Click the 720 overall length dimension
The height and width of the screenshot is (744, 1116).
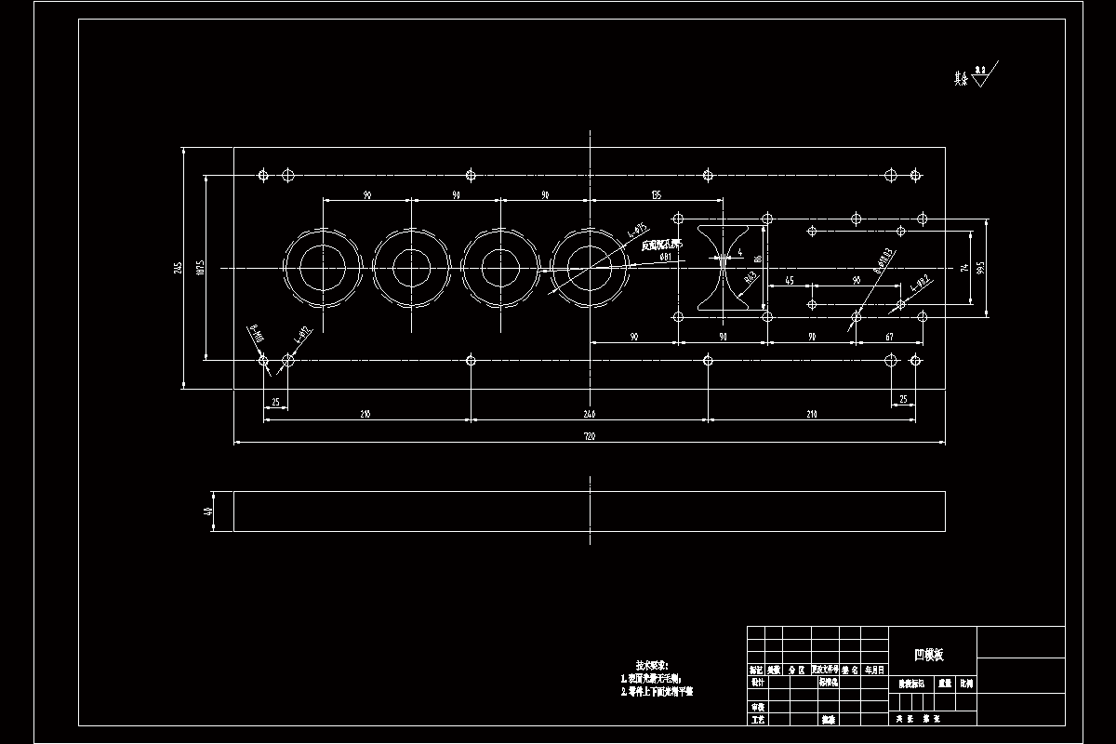point(589,436)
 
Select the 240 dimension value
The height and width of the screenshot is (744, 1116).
point(589,414)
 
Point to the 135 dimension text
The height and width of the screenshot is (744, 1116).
point(656,195)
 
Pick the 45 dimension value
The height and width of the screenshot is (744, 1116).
point(790,280)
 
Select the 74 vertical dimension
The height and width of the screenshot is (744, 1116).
point(965,268)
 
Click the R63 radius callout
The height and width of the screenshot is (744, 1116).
point(749,276)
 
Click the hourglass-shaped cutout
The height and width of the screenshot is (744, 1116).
point(722,268)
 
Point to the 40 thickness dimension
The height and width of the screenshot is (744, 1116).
point(208,511)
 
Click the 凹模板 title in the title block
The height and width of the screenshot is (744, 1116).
point(929,655)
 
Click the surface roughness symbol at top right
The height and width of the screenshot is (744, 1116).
point(982,73)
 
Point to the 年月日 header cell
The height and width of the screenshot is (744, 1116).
point(875,670)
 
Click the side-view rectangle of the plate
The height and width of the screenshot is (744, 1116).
point(589,511)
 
